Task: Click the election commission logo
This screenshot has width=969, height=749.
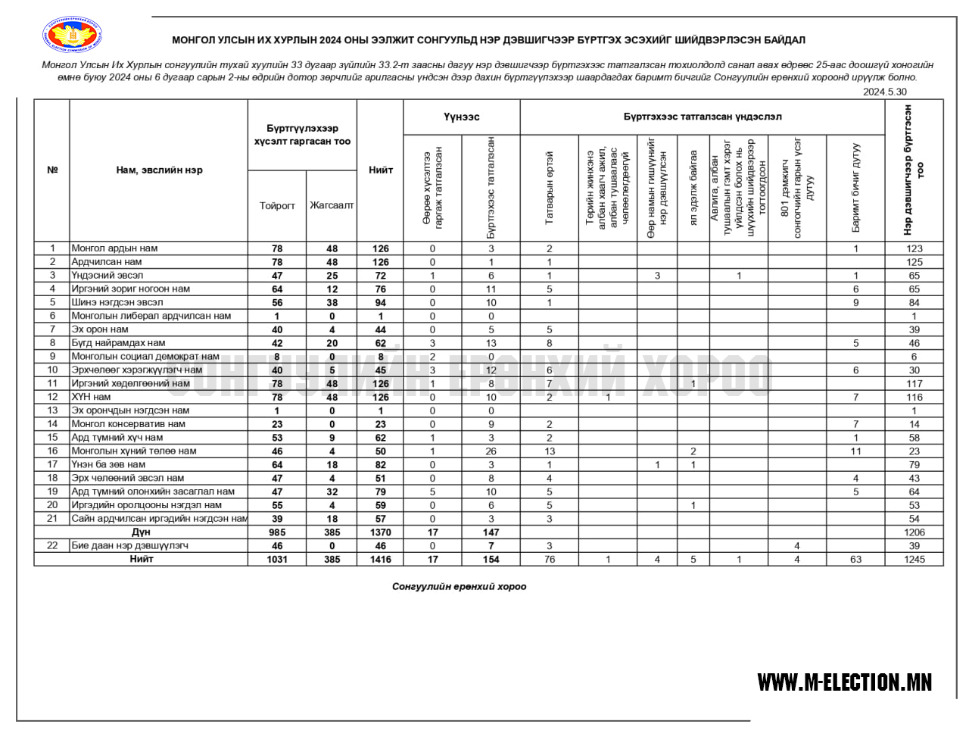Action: [73, 36]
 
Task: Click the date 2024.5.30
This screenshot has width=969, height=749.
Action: [884, 92]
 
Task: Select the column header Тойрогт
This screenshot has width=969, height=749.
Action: [277, 205]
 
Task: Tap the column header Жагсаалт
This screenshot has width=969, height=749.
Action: [332, 205]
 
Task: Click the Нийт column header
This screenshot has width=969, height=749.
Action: [380, 170]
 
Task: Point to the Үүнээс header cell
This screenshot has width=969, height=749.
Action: [461, 117]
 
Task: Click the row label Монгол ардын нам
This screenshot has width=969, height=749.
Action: [115, 248]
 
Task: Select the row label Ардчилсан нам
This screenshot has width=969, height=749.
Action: [107, 262]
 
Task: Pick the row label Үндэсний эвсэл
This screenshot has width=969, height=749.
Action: [107, 276]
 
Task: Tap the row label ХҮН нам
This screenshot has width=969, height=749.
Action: [91, 397]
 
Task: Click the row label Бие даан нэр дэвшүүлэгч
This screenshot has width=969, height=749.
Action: [129, 545]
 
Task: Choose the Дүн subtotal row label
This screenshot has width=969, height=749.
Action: [141, 532]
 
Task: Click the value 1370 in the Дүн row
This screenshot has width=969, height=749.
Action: [380, 532]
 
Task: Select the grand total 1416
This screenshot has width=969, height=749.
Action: [380, 560]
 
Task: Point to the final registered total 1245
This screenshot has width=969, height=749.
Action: [914, 560]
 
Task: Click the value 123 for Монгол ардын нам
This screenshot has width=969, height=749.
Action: [914, 248]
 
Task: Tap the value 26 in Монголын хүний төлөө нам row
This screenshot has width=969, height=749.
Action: [491, 451]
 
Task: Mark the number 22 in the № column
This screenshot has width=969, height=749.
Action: [52, 545]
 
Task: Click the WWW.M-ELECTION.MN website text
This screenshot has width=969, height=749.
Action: [844, 682]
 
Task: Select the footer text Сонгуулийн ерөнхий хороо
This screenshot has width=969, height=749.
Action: [459, 586]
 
